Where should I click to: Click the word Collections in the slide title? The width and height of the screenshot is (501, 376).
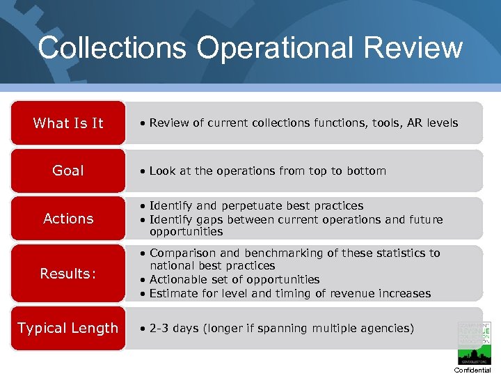point(112,48)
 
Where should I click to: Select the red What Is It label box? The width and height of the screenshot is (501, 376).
point(68,123)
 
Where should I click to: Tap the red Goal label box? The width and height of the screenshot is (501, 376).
point(68,171)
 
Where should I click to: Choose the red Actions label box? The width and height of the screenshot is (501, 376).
point(68,219)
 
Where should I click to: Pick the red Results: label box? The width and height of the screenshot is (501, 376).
point(68,274)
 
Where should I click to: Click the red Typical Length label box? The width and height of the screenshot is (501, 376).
point(68,328)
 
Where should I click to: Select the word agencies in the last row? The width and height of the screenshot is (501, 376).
point(384,328)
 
